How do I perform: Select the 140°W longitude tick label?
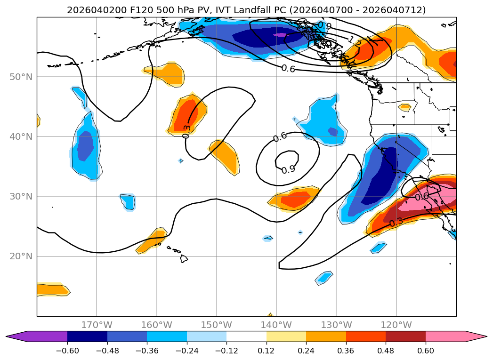(x=276, y=325)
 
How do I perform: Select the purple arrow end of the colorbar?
(x=14, y=336)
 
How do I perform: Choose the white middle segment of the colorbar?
(x=246, y=336)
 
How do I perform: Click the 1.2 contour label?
(x=355, y=41)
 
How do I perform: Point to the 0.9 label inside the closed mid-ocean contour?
(x=288, y=169)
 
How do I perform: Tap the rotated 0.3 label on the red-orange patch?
(x=187, y=131)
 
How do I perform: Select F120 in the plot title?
(x=125, y=10)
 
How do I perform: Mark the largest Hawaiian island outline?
(x=184, y=258)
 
